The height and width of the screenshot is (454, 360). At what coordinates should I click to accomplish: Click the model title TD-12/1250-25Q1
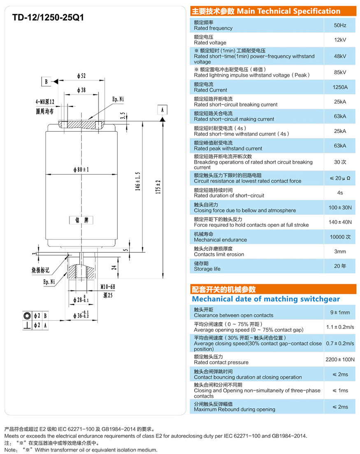click(48, 17)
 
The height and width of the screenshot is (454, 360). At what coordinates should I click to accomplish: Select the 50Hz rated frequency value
click(340, 25)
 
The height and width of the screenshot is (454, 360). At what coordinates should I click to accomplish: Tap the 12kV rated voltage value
click(340, 40)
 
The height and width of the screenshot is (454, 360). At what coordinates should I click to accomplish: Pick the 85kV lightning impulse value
click(340, 72)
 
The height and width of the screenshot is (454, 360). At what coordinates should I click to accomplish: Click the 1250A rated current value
click(340, 87)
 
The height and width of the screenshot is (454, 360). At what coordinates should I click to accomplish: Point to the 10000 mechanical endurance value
click(340, 237)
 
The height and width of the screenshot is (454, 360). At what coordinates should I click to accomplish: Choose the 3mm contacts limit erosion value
click(340, 251)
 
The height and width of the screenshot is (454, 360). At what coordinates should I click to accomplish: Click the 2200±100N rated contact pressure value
click(340, 359)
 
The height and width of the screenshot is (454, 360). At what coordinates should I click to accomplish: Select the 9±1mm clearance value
click(340, 312)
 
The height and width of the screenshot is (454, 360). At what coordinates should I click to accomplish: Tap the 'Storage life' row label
click(207, 269)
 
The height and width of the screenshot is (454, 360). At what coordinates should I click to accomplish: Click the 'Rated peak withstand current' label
click(228, 148)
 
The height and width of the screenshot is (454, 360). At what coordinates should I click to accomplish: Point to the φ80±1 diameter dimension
click(81, 170)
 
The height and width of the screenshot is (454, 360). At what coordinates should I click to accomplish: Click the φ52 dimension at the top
click(81, 76)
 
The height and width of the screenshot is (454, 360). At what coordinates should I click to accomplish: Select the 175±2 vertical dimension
click(158, 187)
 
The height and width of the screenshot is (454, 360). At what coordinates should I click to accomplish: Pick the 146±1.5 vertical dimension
click(138, 181)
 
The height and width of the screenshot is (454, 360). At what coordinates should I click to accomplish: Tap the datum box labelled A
click(163, 110)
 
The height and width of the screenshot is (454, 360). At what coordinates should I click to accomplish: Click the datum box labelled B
click(46, 81)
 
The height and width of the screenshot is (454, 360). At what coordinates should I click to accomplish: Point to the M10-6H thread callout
click(108, 286)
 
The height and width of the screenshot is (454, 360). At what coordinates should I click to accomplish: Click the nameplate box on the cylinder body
click(81, 220)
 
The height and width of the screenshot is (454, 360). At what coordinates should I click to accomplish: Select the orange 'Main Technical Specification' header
click(273, 11)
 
